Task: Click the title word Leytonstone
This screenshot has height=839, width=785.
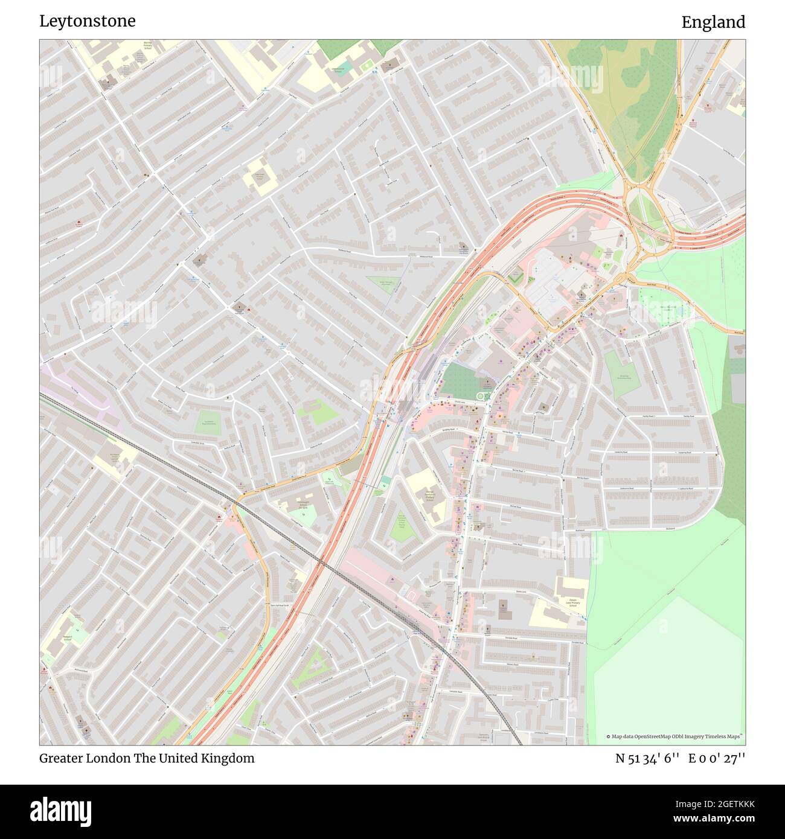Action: [88, 21]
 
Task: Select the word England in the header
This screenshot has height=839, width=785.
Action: [713, 22]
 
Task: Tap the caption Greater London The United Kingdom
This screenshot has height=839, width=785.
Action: [147, 758]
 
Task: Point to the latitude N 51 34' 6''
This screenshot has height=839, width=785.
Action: [647, 758]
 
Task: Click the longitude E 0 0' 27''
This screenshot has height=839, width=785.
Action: [717, 758]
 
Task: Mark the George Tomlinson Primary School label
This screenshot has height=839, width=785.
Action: [430, 495]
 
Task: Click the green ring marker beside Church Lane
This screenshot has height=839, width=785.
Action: [482, 396]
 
